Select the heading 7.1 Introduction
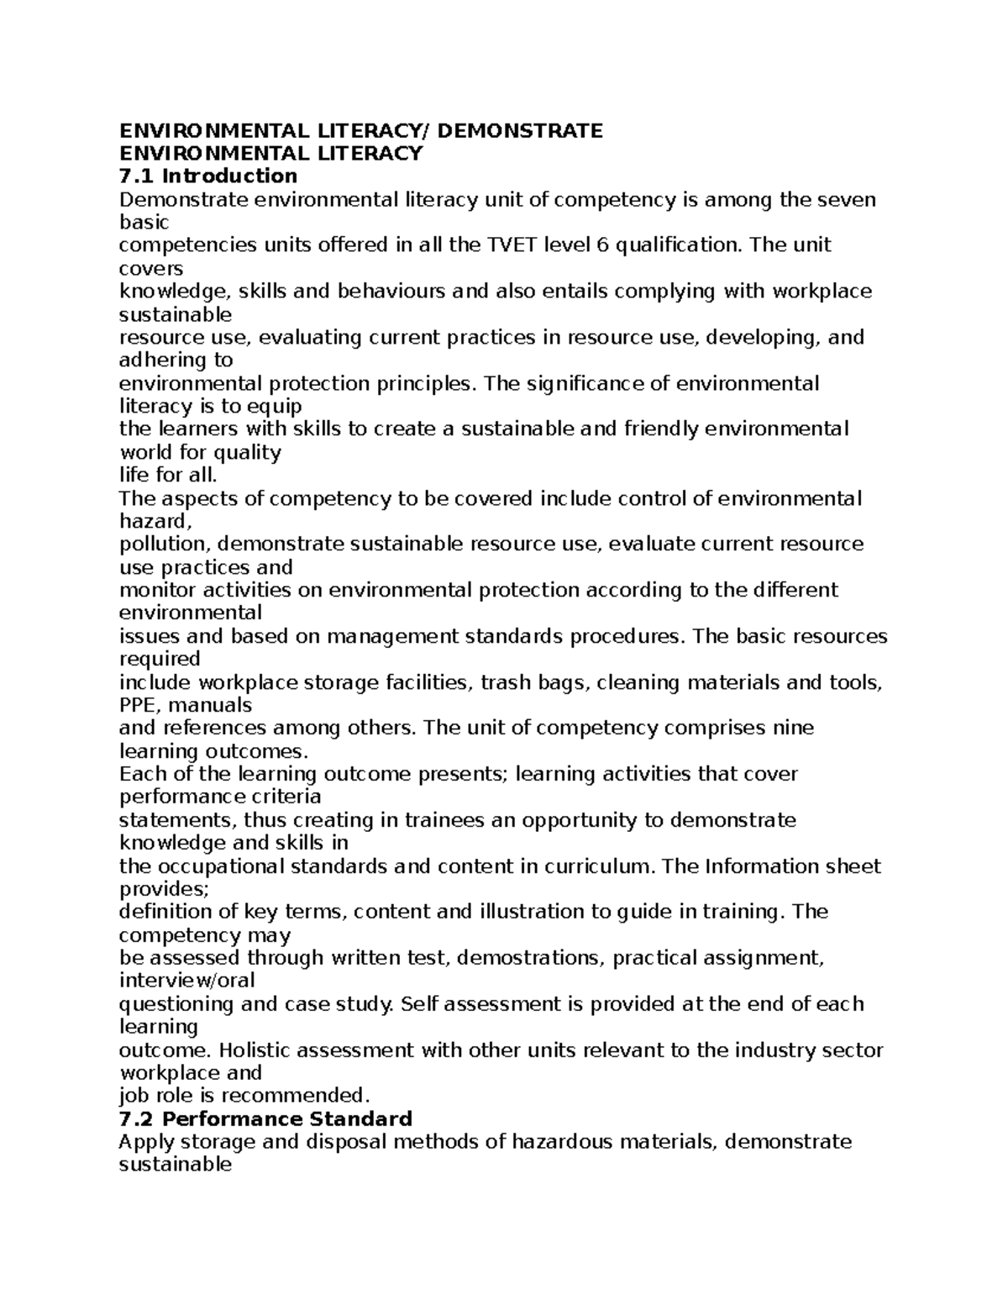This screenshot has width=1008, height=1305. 208,176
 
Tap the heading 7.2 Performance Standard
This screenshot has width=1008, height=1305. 265,1118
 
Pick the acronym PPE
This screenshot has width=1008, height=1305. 140,705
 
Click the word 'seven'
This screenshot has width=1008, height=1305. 847,199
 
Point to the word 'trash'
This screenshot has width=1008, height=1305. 508,682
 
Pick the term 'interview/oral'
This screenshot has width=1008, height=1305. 187,981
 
